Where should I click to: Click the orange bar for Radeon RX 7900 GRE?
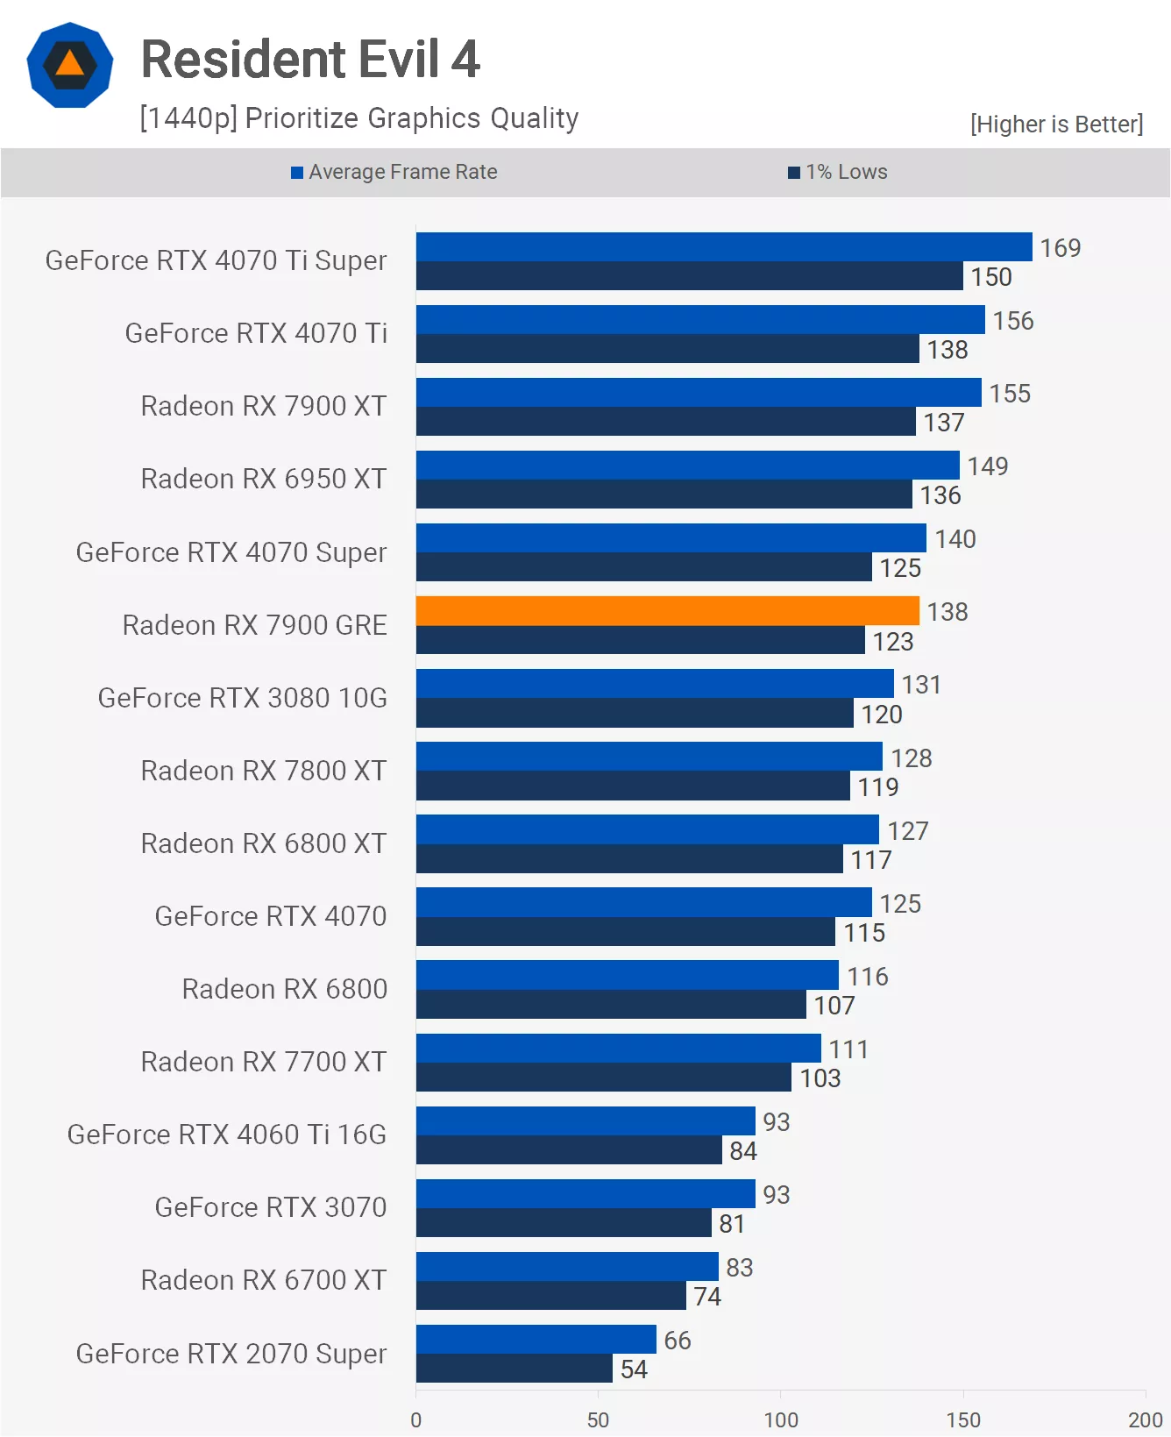pyautogui.click(x=667, y=611)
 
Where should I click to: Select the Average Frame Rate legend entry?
pyautogui.click(x=394, y=172)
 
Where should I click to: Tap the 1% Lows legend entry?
pyautogui.click(x=838, y=172)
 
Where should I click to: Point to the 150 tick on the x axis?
pyautogui.click(x=962, y=1419)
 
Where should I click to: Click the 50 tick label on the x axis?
pyautogui.click(x=598, y=1419)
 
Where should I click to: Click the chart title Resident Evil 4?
pyautogui.click(x=310, y=60)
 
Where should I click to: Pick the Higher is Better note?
pyautogui.click(x=1056, y=124)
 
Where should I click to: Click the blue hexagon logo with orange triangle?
pyautogui.click(x=70, y=66)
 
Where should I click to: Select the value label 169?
pyautogui.click(x=1060, y=248)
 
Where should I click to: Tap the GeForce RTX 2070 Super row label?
pyautogui.click(x=231, y=1354)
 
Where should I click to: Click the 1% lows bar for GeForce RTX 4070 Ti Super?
pyautogui.click(x=689, y=276)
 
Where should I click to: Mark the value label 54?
pyautogui.click(x=634, y=1369)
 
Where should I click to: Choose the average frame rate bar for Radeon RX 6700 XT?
pyautogui.click(x=567, y=1267)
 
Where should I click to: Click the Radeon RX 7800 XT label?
pyautogui.click(x=264, y=771)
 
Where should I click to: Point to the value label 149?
pyautogui.click(x=987, y=466)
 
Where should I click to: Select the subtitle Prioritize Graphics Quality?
pyautogui.click(x=359, y=118)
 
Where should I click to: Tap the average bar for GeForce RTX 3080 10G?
pyautogui.click(x=655, y=684)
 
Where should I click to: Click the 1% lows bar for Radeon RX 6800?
pyautogui.click(x=611, y=1005)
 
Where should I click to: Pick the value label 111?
pyautogui.click(x=848, y=1049)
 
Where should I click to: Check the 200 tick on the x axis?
pyautogui.click(x=1144, y=1419)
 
